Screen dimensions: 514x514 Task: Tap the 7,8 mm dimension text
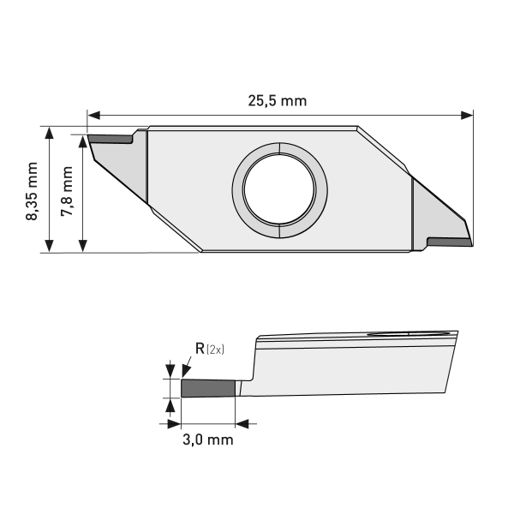(x=67, y=192)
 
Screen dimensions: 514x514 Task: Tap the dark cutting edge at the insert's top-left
(x=110, y=137)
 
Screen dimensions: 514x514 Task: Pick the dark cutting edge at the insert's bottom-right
(x=448, y=242)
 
